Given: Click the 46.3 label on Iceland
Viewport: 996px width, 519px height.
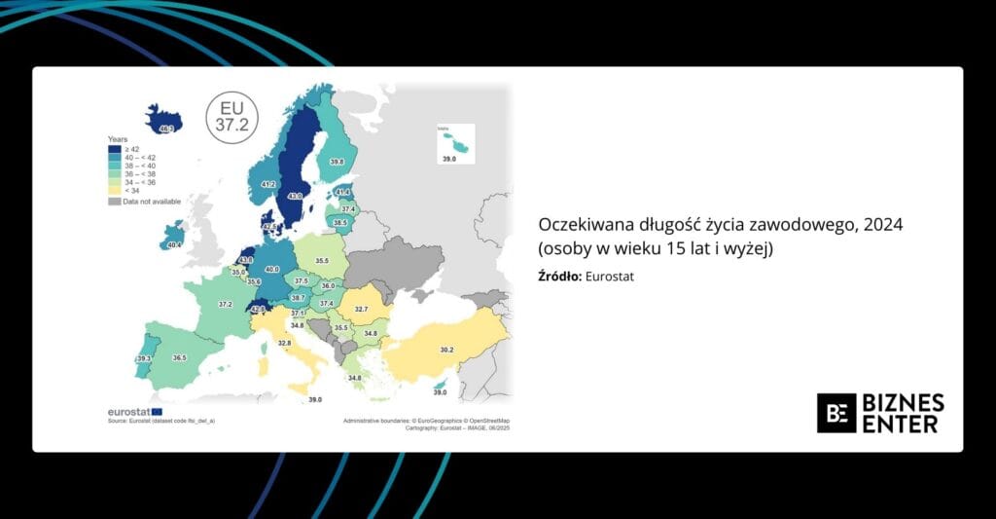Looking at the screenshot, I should tap(166, 129).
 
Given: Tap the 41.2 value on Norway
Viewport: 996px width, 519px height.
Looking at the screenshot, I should tap(269, 184).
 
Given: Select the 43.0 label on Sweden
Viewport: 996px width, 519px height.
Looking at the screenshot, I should tap(295, 196).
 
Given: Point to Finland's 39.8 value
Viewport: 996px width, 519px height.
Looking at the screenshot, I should tap(337, 162).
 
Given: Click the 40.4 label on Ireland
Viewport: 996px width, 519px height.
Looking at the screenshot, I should tap(174, 245).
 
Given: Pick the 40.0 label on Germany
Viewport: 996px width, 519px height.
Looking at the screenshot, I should tap(272, 269).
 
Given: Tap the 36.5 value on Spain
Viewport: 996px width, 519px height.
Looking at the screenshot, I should tap(179, 358).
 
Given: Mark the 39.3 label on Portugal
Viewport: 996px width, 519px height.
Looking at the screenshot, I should tap(144, 359).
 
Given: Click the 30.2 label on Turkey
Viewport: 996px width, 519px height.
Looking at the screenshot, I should tap(446, 349).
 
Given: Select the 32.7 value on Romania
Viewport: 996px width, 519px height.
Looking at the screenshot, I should tap(361, 309).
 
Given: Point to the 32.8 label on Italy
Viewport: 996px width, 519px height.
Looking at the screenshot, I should tap(284, 343).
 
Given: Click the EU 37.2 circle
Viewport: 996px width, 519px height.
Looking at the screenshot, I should tap(231, 116).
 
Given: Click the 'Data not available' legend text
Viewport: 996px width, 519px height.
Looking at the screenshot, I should tap(146, 201).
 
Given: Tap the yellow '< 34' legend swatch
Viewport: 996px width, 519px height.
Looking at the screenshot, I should tap(113, 190).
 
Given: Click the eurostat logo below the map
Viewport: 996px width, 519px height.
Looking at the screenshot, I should tap(128, 411).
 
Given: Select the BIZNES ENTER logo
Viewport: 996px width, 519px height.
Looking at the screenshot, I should tap(880, 413).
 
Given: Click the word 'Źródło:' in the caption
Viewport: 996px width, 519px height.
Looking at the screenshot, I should tap(558, 277).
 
